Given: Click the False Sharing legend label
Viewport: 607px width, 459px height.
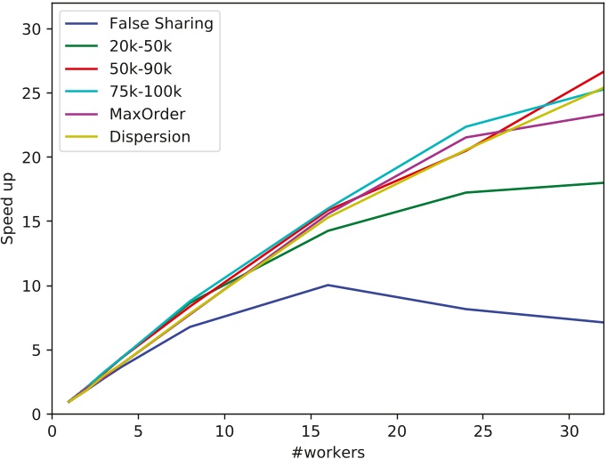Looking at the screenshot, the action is [x=161, y=24].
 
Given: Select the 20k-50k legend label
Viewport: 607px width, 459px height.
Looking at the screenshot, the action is [x=141, y=46].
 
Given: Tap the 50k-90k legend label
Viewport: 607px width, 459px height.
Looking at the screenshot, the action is [x=141, y=68].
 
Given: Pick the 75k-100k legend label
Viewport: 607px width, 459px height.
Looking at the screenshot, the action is [x=146, y=92].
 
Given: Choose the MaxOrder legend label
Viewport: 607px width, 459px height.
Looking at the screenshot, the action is [x=148, y=114].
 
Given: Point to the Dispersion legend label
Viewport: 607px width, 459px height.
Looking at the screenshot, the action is [x=150, y=137].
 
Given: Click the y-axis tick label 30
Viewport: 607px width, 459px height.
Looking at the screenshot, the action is [x=32, y=29].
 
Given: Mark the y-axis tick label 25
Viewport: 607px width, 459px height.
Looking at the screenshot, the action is [x=32, y=93].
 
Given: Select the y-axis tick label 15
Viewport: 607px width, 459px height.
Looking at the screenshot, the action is [x=32, y=221].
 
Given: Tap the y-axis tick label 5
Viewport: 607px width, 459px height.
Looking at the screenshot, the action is [x=36, y=350].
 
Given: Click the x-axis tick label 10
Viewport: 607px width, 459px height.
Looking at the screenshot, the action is [x=224, y=431].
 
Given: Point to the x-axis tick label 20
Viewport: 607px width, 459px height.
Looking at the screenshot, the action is [x=397, y=431].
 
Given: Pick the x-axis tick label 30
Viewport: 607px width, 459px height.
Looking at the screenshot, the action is [x=569, y=431].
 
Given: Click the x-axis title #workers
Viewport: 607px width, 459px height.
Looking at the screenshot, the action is [x=328, y=452].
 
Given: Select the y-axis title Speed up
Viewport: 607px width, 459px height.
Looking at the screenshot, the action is [x=7, y=209].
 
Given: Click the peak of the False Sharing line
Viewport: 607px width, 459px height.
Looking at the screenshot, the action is [x=328, y=286].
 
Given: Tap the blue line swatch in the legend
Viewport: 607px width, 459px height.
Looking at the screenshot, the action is [x=82, y=24].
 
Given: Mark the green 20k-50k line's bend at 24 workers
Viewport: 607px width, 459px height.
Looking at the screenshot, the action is [x=465, y=192].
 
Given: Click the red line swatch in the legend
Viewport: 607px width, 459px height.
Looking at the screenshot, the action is [x=82, y=68].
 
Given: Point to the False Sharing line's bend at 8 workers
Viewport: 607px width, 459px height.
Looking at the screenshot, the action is [x=190, y=326].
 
